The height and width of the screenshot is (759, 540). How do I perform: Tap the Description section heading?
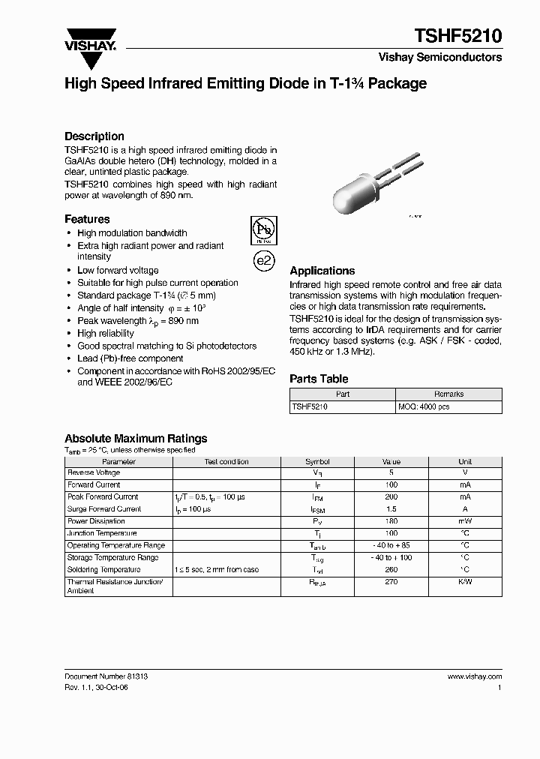pos(94,136)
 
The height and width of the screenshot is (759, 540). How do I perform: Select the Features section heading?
pos(87,219)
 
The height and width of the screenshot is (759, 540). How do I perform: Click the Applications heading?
pos(322,271)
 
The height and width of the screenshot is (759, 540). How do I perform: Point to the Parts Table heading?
pos(319,379)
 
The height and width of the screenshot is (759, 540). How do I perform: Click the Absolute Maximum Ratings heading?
pos(136,439)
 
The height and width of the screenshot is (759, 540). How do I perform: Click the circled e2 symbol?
pos(263,260)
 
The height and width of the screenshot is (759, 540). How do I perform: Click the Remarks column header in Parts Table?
pos(448,394)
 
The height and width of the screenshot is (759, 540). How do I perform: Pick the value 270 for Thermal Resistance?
pos(391,582)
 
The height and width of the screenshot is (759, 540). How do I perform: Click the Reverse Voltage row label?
pos(94,473)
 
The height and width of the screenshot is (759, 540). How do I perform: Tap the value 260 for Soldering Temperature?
pos(391,570)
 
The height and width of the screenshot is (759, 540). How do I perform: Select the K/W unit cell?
pos(465,582)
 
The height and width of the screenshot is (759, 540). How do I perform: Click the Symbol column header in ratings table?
pos(317,462)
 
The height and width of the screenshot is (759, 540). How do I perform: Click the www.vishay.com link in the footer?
pos(475,676)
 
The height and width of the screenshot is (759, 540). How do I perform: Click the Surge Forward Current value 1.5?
pos(391,509)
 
